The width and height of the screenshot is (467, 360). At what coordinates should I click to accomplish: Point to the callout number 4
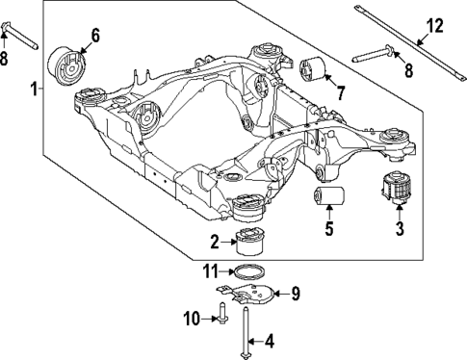[x=270, y=340]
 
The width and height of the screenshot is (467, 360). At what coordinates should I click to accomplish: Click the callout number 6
[x=94, y=38]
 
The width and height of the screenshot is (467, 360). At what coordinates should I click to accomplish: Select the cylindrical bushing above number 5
[x=330, y=199]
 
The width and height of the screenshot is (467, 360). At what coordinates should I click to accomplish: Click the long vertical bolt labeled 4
[x=247, y=330]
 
